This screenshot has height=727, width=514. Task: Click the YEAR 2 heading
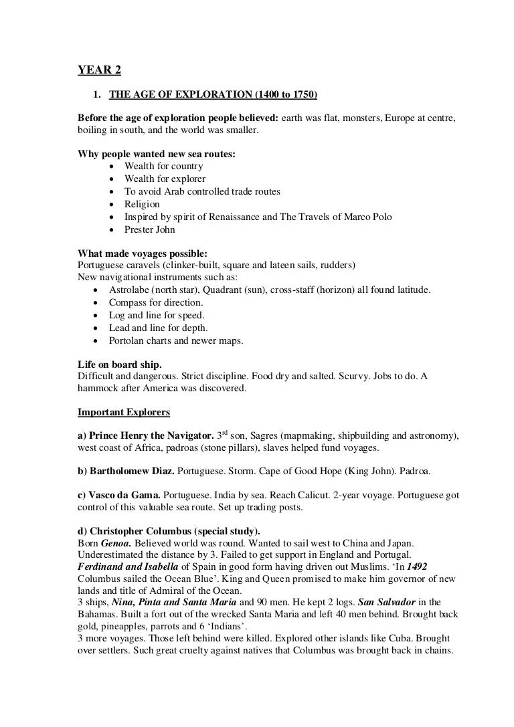[95, 70]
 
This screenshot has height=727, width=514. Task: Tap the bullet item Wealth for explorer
[165, 179]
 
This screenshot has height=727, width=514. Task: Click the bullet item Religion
[142, 204]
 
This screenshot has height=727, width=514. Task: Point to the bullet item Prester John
[150, 229]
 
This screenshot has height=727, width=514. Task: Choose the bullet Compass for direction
[157, 302]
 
